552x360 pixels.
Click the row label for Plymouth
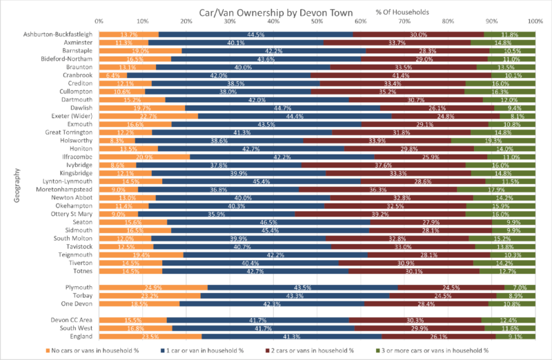pos(78,287)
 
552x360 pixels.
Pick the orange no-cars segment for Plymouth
pos(153,287)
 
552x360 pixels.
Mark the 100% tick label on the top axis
pos(533,22)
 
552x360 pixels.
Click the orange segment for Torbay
pos(150,295)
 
